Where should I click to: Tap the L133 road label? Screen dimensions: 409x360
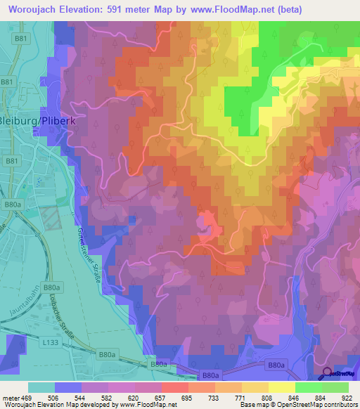click(x=50, y=341)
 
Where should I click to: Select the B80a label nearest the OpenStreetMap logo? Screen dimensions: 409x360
click(x=276, y=365)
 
